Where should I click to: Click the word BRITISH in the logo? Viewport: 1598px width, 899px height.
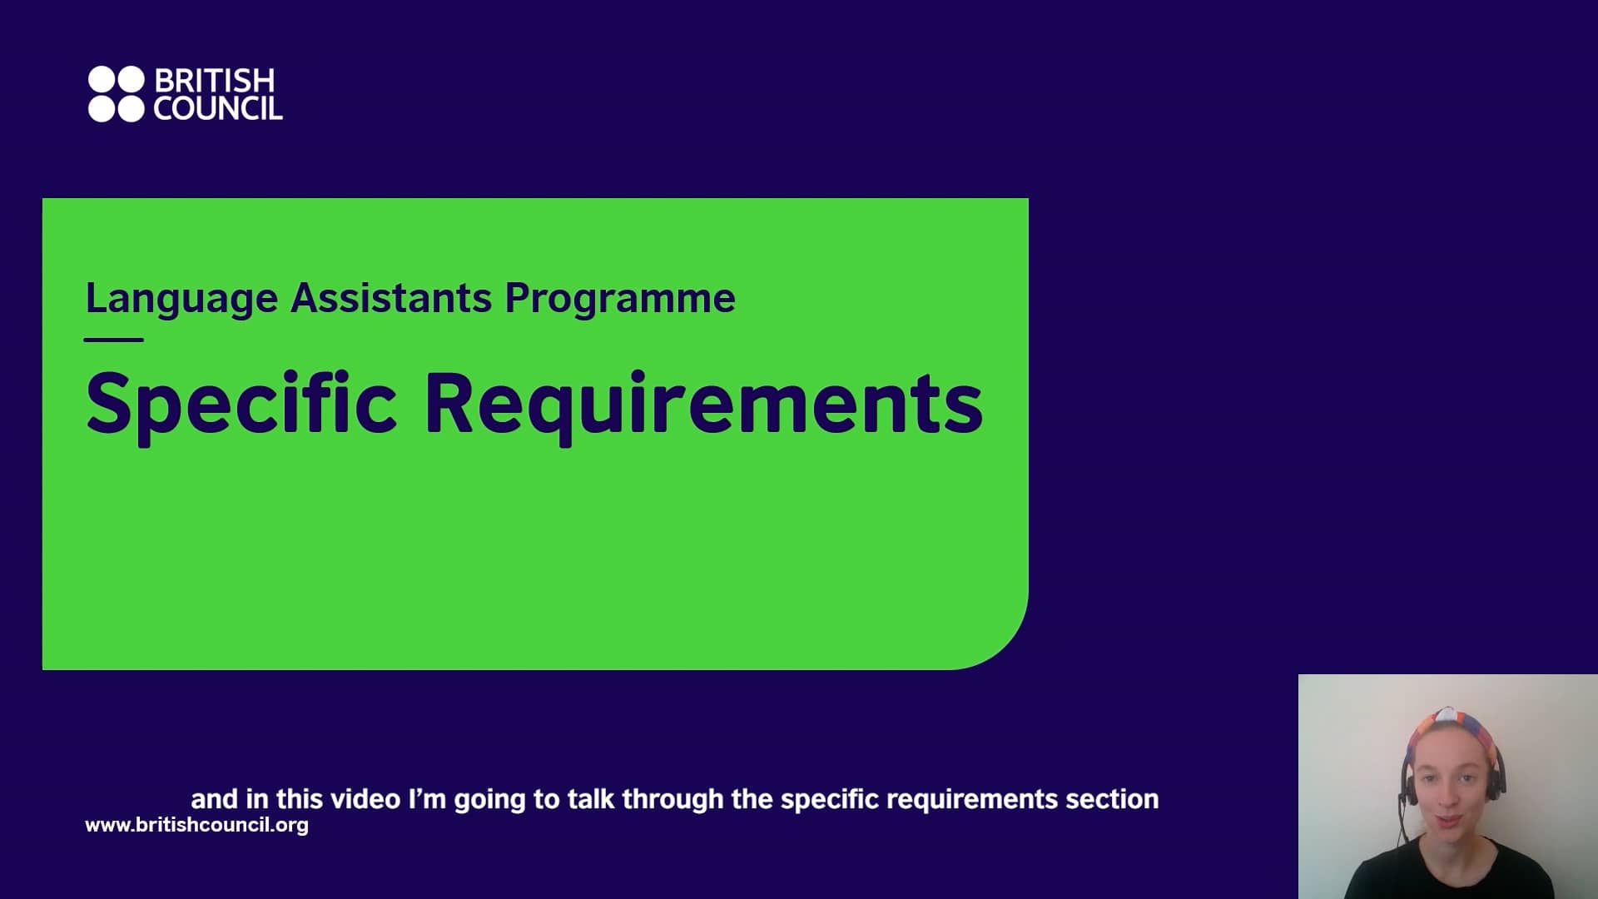pyautogui.click(x=214, y=81)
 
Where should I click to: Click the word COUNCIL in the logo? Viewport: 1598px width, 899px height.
pyautogui.click(x=218, y=109)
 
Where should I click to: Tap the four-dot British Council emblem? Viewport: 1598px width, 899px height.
pyautogui.click(x=116, y=94)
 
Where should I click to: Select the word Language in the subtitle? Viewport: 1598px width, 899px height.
pyautogui.click(x=181, y=298)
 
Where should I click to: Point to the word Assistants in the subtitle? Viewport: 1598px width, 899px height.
pyautogui.click(x=390, y=298)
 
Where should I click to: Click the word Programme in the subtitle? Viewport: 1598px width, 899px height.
pyautogui.click(x=619, y=298)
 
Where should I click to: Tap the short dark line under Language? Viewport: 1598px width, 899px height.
pyautogui.click(x=114, y=340)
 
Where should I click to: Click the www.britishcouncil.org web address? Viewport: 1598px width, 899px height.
pyautogui.click(x=196, y=825)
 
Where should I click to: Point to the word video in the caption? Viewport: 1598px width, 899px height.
pyautogui.click(x=365, y=799)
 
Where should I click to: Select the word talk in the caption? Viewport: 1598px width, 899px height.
pyautogui.click(x=591, y=799)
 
